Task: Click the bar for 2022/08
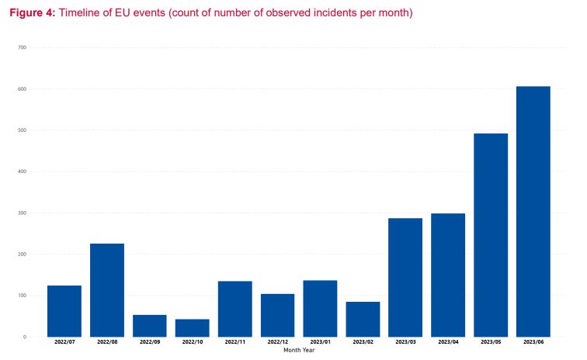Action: point(107,289)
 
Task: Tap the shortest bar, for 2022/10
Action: point(193,327)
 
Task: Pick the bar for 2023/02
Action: point(363,319)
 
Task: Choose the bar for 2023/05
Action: point(491,234)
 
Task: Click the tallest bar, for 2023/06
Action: point(533,211)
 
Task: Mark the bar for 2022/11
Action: point(235,308)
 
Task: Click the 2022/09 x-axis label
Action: point(150,342)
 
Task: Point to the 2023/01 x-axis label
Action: point(320,342)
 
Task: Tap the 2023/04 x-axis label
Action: point(448,342)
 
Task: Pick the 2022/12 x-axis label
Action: point(277,342)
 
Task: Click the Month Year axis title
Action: point(299,350)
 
